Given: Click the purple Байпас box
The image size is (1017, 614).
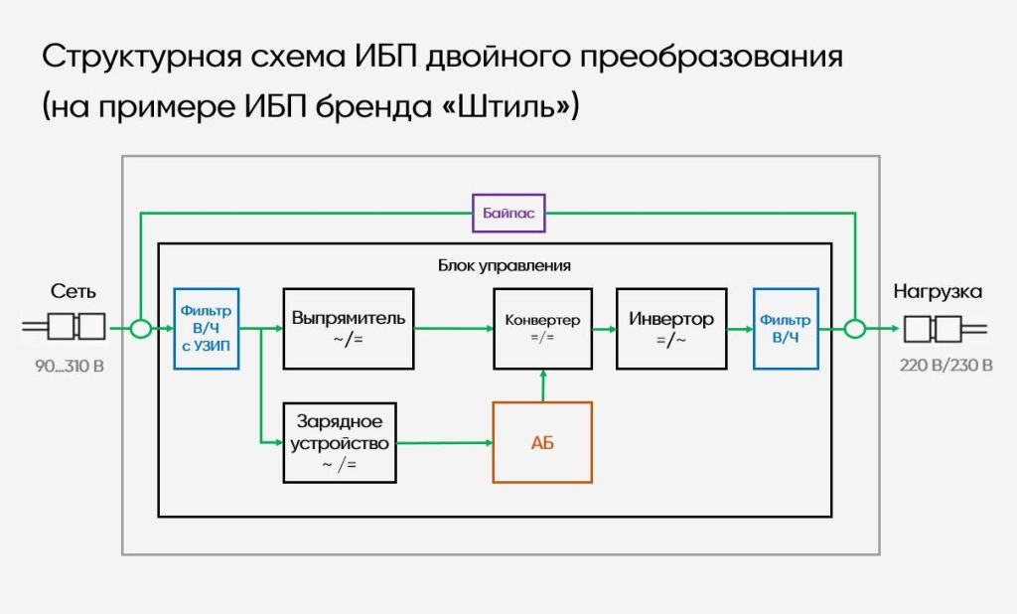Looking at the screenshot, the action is point(508,213).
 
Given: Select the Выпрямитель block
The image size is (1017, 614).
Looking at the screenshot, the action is point(349,329).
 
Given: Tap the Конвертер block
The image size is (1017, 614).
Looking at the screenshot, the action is point(543,329).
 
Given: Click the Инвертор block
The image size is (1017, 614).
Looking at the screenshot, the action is point(671,329).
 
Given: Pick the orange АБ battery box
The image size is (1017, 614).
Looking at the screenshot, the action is point(543,443).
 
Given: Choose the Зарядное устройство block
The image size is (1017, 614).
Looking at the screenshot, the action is point(340,443).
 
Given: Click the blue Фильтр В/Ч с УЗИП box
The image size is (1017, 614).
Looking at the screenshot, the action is point(207,329).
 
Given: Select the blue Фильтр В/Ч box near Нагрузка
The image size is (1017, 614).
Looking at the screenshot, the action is point(786,329).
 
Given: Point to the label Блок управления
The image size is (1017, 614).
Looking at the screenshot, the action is point(504,265).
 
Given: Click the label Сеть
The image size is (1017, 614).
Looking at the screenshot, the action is point(73,291).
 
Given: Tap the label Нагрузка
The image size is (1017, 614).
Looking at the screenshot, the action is point(938,291).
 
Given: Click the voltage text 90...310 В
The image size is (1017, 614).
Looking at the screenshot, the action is point(70,366).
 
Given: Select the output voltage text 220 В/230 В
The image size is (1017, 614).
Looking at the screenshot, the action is point(945,366).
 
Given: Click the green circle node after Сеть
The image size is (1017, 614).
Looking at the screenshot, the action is point(140,329).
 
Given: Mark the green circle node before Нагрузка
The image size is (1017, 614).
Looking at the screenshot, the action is point(855,329).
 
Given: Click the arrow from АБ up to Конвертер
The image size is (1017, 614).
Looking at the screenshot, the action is point(543,386).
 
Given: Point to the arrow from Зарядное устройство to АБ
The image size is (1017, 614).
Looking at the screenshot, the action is point(445,443).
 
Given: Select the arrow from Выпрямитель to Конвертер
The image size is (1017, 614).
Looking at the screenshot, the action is point(454,329).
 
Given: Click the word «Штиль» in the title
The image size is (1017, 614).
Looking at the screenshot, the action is point(506,105).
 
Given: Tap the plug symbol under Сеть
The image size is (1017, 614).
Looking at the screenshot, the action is point(64,327).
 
